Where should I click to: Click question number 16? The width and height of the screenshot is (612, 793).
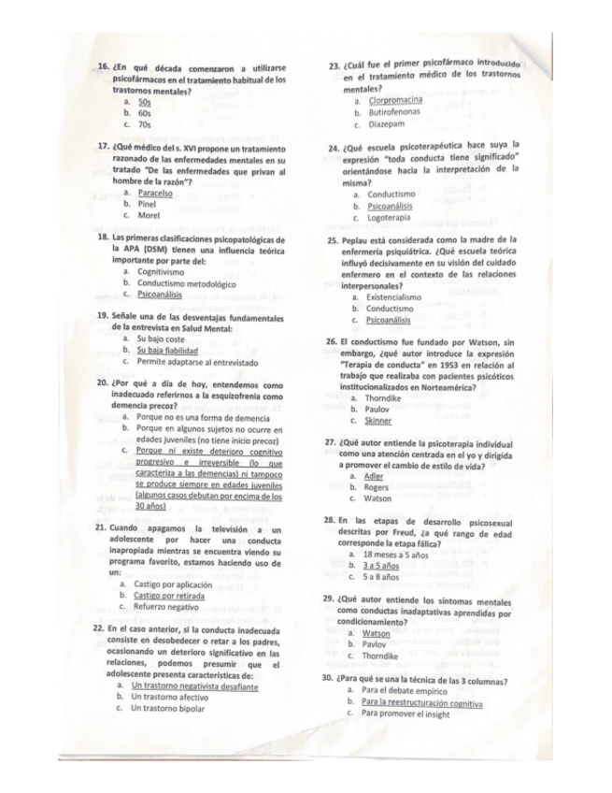[102, 69]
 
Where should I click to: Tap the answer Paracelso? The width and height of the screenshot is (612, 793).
[154, 193]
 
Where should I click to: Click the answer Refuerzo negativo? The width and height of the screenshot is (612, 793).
[168, 606]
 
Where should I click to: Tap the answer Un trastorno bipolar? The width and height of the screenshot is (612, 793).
[168, 708]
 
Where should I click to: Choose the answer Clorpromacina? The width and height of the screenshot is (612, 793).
[395, 99]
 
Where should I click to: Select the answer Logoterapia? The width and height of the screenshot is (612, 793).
[389, 218]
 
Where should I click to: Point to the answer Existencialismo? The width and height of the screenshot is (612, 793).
[392, 296]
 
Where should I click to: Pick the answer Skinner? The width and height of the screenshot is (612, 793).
[378, 421]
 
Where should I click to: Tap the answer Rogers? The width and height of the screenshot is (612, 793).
[376, 487]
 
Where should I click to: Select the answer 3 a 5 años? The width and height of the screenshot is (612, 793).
[381, 566]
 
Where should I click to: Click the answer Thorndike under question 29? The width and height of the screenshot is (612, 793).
[383, 656]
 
